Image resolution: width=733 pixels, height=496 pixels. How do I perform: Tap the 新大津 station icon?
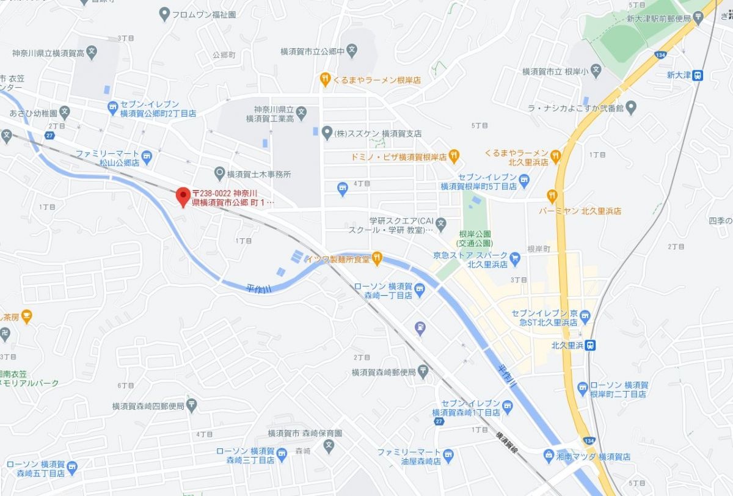[698, 76]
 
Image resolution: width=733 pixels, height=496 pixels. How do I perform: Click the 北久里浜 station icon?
[590, 345]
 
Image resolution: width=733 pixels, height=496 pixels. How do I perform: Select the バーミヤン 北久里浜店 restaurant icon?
[552, 195]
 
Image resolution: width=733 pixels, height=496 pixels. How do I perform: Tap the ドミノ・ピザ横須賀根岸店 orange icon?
[453, 157]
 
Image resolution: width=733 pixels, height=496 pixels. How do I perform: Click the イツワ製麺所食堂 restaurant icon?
[377, 259]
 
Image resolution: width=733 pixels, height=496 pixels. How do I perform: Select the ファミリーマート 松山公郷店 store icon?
[147, 158]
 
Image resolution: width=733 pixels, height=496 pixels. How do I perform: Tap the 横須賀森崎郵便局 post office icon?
[423, 373]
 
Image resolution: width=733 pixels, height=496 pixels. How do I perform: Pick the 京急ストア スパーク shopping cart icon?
[515, 259]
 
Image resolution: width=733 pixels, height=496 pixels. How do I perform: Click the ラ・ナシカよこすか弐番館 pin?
[632, 108]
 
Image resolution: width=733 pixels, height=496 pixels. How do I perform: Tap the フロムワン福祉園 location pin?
[164, 14]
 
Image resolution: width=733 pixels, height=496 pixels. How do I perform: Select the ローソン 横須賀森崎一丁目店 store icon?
[420, 292]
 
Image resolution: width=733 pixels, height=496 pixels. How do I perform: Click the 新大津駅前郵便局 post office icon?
[698, 18]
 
